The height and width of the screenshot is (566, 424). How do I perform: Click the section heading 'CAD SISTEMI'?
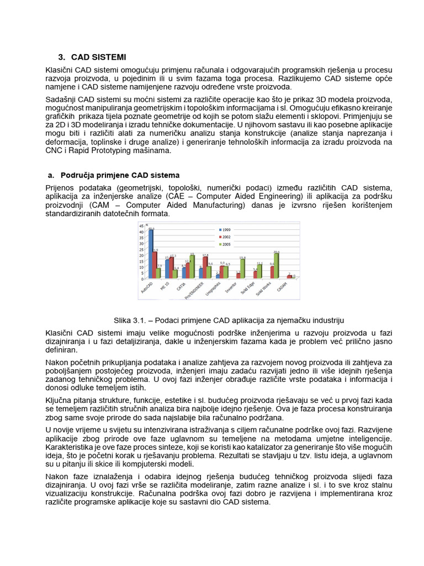98,57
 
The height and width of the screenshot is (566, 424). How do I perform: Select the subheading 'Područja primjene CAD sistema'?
119,175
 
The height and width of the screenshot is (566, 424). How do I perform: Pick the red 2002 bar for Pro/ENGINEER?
205,267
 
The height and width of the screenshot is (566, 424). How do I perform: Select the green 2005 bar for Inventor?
242,268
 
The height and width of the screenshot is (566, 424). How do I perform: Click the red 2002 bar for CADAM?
289,276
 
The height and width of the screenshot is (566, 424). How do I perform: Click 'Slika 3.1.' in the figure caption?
129,320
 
